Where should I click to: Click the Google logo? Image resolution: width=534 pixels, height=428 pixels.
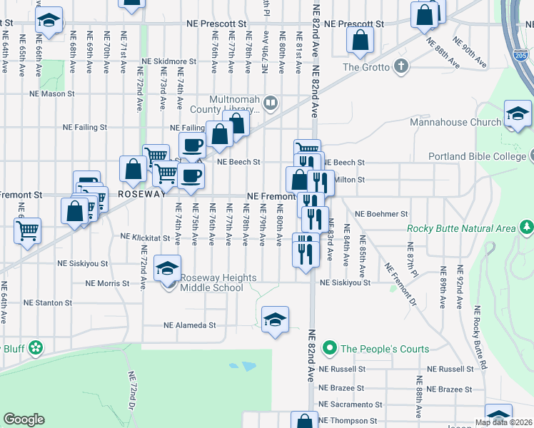(24, 419)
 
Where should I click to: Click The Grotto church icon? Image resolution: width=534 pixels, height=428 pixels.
(401, 67)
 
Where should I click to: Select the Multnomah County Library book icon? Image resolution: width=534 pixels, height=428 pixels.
(270, 104)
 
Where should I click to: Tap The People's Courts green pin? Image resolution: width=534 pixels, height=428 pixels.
(329, 349)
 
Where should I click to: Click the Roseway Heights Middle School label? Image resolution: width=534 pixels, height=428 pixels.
(211, 282)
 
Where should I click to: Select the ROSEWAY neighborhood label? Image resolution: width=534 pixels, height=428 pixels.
(141, 194)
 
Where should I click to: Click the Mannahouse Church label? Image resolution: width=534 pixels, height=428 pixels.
(455, 122)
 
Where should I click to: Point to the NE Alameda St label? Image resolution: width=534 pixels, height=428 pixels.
(189, 325)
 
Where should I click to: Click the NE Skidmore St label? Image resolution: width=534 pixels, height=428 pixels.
(168, 62)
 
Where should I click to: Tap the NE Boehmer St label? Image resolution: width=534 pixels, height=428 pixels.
(381, 214)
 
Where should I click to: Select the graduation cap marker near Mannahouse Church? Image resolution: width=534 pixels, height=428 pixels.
(517, 113)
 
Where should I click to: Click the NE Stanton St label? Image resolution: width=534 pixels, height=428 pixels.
(48, 302)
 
